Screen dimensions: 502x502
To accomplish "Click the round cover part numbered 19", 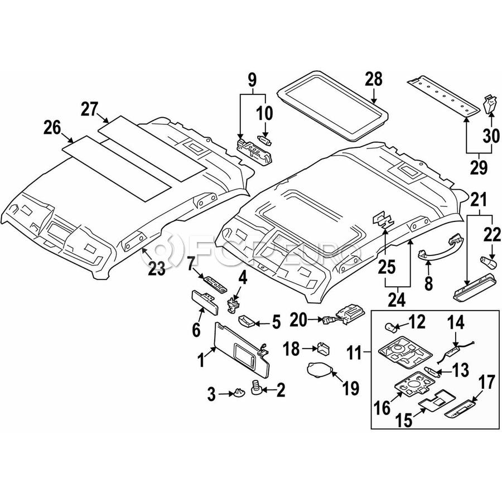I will click(320, 371).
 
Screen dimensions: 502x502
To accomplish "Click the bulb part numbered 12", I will click(392, 326).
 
